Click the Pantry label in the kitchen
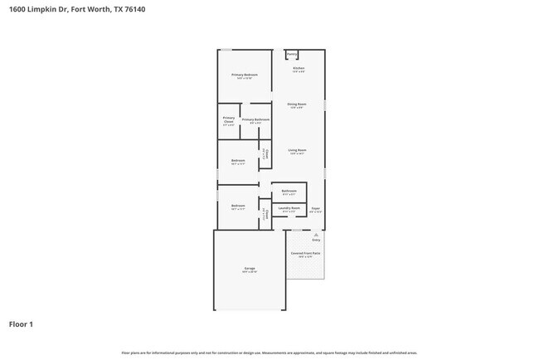pyautogui.click(x=293, y=56)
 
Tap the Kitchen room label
pyautogui.click(x=299, y=68)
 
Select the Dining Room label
pyautogui.click(x=297, y=104)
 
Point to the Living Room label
pyautogui.click(x=297, y=150)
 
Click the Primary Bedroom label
pyautogui.click(x=245, y=75)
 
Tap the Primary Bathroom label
pyautogui.click(x=255, y=119)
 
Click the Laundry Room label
pyautogui.click(x=289, y=208)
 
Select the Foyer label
pyautogui.click(x=315, y=208)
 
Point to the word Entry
pyautogui.click(x=316, y=240)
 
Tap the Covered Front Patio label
pyautogui.click(x=305, y=252)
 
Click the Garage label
pyautogui.click(x=250, y=268)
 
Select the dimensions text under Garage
pyautogui.click(x=250, y=272)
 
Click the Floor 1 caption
pyautogui.click(x=21, y=324)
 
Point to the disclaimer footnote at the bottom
pyautogui.click(x=269, y=353)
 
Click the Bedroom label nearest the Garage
pyautogui.click(x=238, y=205)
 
